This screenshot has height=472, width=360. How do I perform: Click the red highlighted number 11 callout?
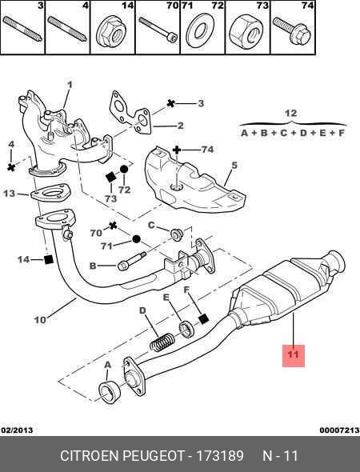pyautogui.click(x=293, y=356)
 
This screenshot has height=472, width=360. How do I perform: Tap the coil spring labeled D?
pyautogui.click(x=162, y=342)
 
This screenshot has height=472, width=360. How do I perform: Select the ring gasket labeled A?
pyautogui.click(x=110, y=392)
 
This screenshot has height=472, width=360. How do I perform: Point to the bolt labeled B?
pyautogui.click(x=132, y=262)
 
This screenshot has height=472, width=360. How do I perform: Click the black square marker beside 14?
pyautogui.click(x=49, y=259)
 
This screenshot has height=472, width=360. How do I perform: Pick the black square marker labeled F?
pyautogui.click(x=204, y=318)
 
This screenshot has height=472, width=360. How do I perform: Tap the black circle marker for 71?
pyautogui.click(x=136, y=239)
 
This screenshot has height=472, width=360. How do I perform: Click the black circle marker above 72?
pyautogui.click(x=124, y=170)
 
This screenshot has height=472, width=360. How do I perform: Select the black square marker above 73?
pyautogui.click(x=111, y=178)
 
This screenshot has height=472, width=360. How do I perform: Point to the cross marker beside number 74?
pyautogui.click(x=177, y=150)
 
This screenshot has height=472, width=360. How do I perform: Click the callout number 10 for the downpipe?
pyautogui.click(x=40, y=320)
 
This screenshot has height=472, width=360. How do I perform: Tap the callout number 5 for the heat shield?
pyautogui.click(x=234, y=165)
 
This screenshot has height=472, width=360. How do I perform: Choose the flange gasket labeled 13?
pyautogui.click(x=50, y=193)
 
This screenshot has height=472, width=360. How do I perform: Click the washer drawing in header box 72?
pyautogui.click(x=200, y=30)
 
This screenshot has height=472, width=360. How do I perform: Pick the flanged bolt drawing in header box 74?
pyautogui.click(x=292, y=30)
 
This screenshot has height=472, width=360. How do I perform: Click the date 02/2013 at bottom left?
pyautogui.click(x=17, y=430)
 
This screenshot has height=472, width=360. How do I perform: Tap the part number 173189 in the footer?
pyautogui.click(x=220, y=456)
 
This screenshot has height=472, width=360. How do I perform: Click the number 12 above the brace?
pyautogui.click(x=290, y=113)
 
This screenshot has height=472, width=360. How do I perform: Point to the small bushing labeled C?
pyautogui.click(x=176, y=234)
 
